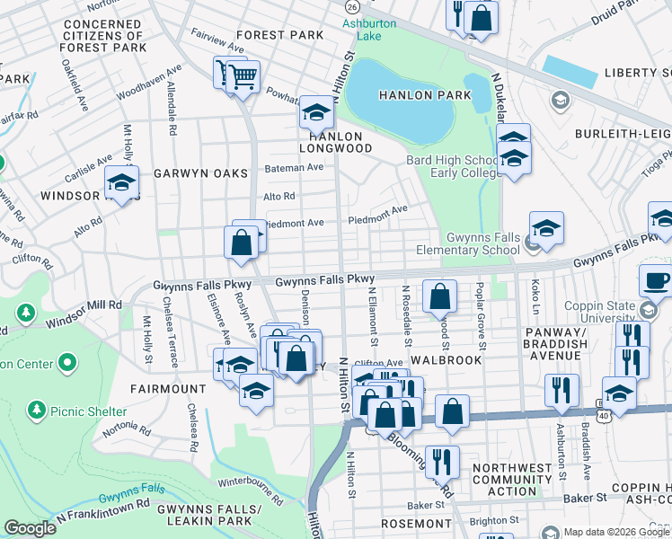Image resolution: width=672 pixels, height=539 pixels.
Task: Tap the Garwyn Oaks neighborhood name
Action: click(x=199, y=172)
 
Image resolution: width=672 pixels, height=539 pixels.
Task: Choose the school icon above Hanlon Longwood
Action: click(x=315, y=112)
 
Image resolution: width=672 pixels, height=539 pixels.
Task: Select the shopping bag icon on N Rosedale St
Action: click(x=440, y=296)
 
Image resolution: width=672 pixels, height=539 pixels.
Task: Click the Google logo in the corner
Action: click(x=30, y=528)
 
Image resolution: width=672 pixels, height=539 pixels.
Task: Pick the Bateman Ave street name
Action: click(x=293, y=167)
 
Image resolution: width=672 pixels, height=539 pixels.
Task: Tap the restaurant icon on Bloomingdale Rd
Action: click(x=441, y=462)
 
